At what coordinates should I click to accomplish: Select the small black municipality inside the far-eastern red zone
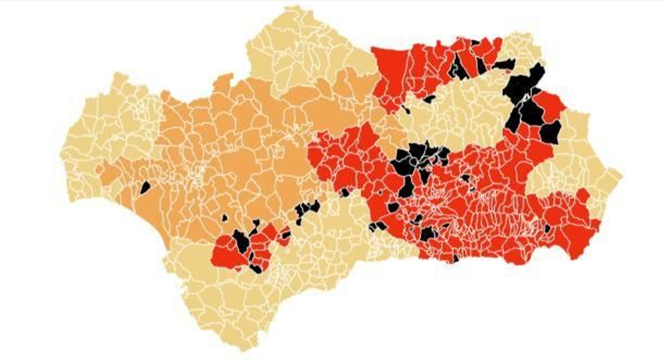coord(547,228)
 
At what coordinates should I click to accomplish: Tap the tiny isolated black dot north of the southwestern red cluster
coord(225,217)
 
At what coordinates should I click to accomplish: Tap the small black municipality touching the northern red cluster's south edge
coord(430,99)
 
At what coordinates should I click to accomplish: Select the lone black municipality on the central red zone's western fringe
coord(345,192)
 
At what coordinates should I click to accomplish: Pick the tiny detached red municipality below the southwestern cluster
coord(238,269)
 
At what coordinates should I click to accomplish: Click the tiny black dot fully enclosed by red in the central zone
coord(384,192)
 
